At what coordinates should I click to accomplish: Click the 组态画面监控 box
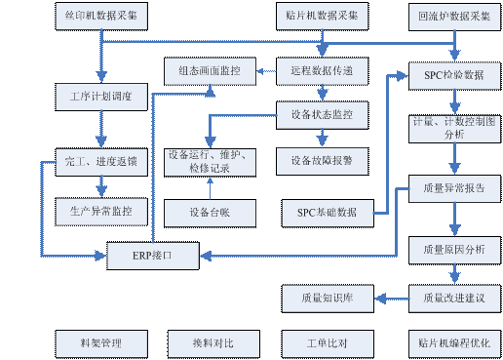(x=209, y=71)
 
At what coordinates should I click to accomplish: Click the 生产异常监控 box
(x=101, y=209)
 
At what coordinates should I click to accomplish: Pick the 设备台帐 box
(x=209, y=212)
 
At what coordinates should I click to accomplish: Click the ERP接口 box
(x=152, y=257)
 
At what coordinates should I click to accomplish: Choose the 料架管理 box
(x=101, y=343)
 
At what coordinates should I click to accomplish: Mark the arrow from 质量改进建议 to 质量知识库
(x=391, y=297)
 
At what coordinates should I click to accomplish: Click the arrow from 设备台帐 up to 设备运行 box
(x=207, y=187)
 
